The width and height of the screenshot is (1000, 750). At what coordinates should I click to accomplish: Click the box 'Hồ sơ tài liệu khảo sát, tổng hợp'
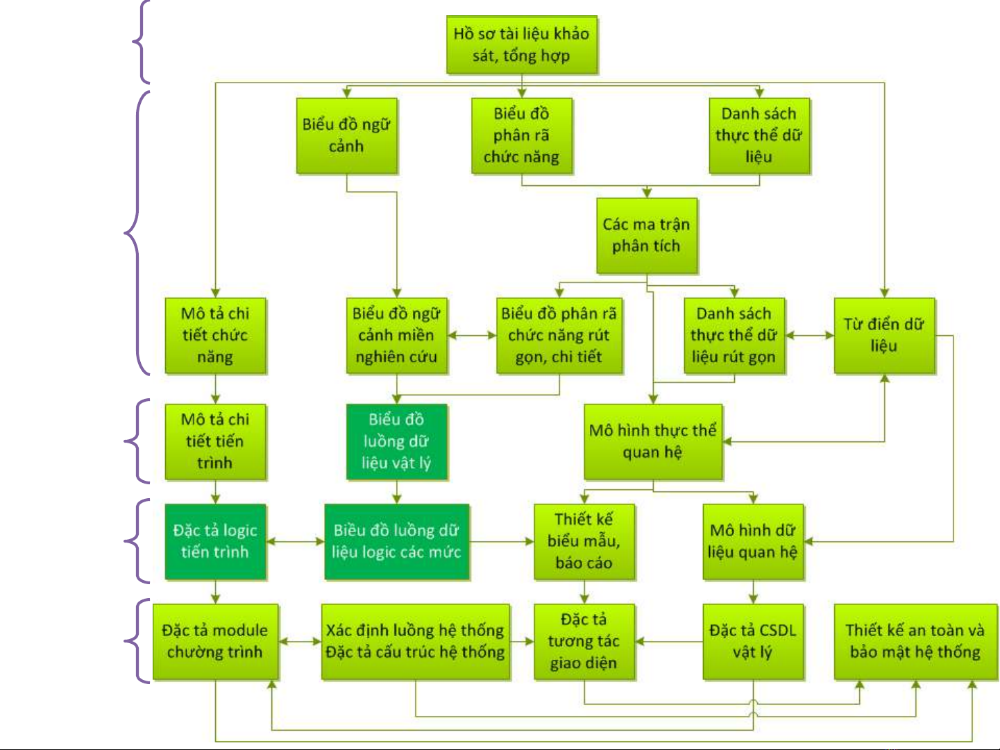tap(521, 45)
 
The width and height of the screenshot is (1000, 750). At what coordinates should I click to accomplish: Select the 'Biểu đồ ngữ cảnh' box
tap(346, 135)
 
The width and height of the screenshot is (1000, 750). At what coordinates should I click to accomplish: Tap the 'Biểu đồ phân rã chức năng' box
tap(521, 135)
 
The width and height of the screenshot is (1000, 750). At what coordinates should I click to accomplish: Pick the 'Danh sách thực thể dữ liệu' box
tap(759, 135)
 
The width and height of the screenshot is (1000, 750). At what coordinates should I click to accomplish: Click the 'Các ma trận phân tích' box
tap(646, 235)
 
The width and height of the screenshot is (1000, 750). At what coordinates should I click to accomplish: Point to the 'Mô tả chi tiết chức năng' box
tap(215, 336)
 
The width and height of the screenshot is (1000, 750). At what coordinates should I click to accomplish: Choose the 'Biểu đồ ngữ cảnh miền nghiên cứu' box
tap(396, 336)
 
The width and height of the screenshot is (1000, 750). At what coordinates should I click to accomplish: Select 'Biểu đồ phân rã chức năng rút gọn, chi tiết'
tap(559, 336)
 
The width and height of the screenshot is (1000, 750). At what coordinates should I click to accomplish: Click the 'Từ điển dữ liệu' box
tap(883, 336)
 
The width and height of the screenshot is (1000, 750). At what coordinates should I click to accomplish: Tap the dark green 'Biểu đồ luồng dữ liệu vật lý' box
tap(396, 442)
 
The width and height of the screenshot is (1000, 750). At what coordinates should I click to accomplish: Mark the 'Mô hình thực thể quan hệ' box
tap(652, 442)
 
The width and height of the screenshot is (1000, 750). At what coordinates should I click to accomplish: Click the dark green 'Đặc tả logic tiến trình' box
tap(215, 542)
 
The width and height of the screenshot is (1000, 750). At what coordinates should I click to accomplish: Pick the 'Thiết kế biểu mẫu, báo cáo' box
tap(584, 542)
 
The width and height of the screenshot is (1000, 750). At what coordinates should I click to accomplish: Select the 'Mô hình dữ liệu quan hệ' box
tap(753, 542)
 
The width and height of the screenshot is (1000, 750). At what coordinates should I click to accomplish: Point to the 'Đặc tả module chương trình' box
tap(215, 642)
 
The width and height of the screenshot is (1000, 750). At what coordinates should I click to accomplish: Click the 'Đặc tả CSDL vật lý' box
tap(753, 642)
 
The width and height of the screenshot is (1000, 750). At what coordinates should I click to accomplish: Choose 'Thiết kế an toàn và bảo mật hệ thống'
tap(915, 642)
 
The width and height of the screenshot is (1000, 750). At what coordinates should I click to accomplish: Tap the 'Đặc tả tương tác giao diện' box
tap(584, 642)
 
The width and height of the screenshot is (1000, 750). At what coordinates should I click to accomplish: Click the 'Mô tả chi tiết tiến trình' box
tap(215, 442)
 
